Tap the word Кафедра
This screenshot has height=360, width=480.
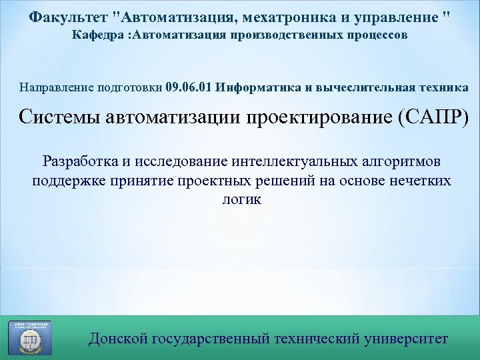[99, 34]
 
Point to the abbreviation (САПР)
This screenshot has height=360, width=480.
[433, 117]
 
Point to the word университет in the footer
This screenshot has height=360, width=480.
[407, 339]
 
